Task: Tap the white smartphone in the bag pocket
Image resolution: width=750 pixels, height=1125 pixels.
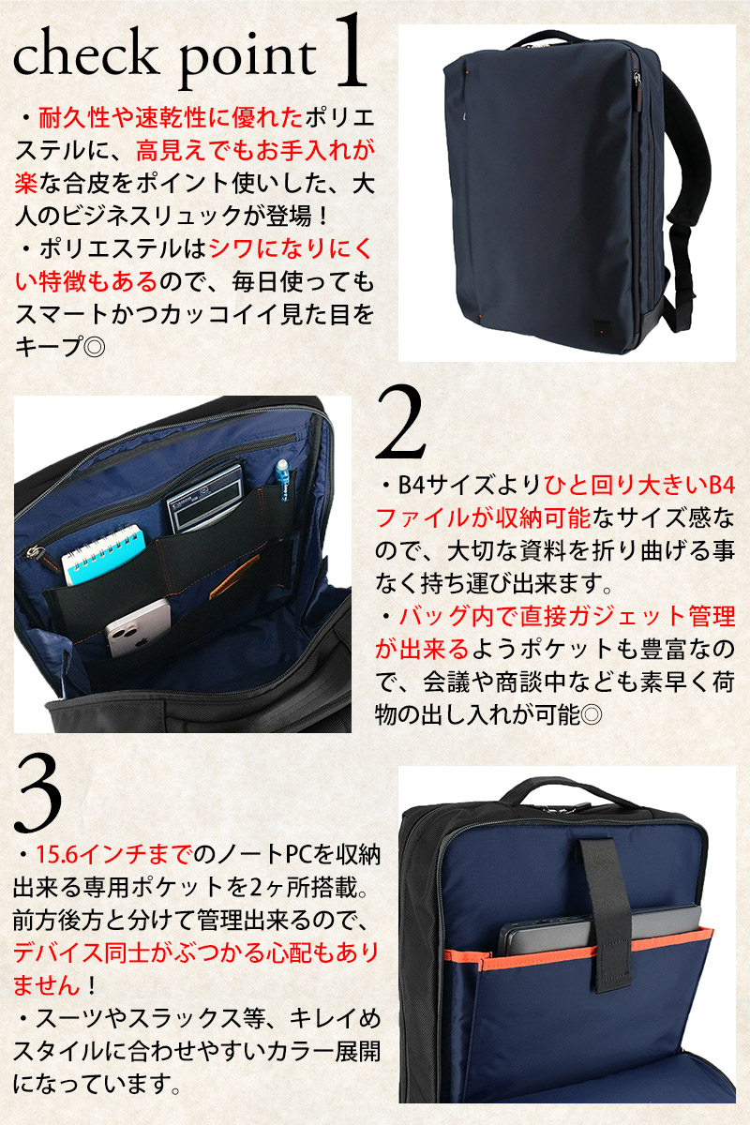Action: coord(139,627)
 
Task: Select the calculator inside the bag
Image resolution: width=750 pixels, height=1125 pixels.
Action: coord(205,498)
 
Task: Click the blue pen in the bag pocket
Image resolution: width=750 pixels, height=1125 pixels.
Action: coord(281,481)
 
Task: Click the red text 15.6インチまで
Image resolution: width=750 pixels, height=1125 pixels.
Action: coord(113,855)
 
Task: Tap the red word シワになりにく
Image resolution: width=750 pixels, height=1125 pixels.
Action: coord(291,248)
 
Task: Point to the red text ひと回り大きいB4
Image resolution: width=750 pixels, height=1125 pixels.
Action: coord(639,486)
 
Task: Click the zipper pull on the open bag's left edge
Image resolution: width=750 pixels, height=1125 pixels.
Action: coord(31,550)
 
